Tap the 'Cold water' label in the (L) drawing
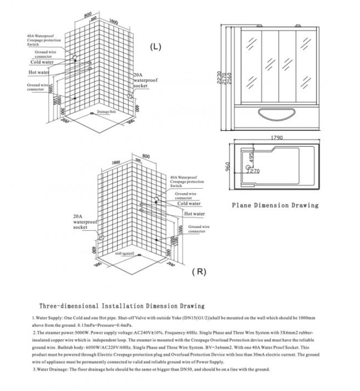point(42,62)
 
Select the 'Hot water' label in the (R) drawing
point(194,214)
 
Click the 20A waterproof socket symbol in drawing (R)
point(102,237)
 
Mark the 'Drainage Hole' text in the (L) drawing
point(106,112)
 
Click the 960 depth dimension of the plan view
point(228,167)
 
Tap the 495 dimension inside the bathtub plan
point(252,157)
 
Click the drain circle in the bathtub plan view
point(248,168)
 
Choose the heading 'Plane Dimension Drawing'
point(275,205)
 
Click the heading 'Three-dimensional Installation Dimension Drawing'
point(121,306)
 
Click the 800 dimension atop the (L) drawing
point(88,15)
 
